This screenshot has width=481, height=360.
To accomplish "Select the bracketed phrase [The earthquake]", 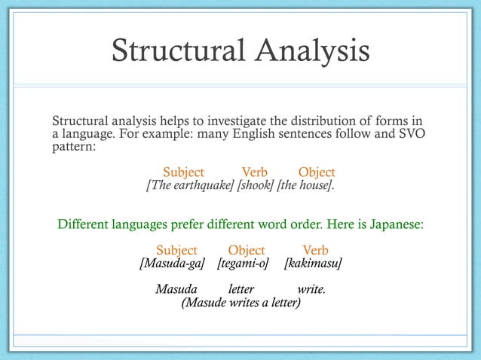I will pos(190,185).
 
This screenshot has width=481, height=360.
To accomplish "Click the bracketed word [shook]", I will pos(256,185).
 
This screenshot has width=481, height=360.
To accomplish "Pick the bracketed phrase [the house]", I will pos(306,185).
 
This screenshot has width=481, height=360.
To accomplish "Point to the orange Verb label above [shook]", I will pos(255,172).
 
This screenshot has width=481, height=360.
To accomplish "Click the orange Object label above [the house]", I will pos(317,172).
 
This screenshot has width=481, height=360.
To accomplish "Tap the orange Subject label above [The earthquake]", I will pos(184,172).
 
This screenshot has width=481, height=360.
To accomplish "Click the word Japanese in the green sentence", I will pos(395,224).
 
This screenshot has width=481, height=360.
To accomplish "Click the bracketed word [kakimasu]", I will pos(313,264).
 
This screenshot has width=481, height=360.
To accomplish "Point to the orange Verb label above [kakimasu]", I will pos(315,250).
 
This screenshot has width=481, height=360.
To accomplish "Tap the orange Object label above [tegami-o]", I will pos(247,250).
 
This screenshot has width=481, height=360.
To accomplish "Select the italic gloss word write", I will pos(311,289).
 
